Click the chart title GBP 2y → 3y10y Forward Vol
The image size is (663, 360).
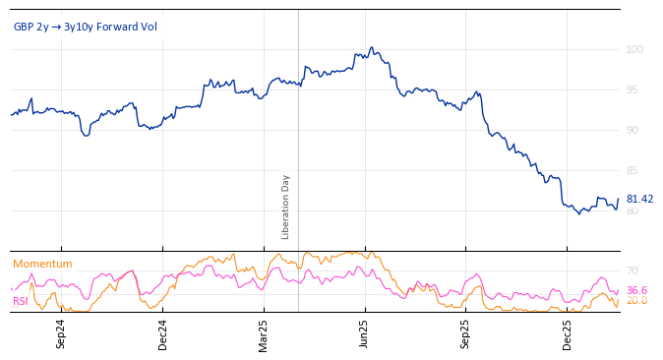click(85, 27)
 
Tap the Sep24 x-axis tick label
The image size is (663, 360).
click(61, 333)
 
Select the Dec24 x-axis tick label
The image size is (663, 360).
click(163, 333)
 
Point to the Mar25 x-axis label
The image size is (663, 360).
click(264, 333)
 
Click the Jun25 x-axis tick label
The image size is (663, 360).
click(365, 333)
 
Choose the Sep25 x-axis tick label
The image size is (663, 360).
click(465, 333)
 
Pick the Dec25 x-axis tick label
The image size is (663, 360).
click(568, 333)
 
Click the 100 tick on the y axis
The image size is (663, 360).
click(634, 49)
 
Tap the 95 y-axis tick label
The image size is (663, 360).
click(633, 90)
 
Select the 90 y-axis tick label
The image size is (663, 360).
click(633, 130)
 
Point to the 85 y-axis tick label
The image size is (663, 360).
click(633, 170)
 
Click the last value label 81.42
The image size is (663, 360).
click(639, 199)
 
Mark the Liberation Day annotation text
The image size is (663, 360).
click(286, 207)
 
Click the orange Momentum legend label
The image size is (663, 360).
click(42, 264)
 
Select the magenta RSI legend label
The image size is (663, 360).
click(21, 301)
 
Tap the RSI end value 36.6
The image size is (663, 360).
click(636, 290)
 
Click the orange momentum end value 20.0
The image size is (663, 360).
click(636, 301)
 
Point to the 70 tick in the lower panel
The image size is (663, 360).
click(633, 270)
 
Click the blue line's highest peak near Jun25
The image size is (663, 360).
click(371, 47)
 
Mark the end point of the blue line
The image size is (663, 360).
click(619, 200)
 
